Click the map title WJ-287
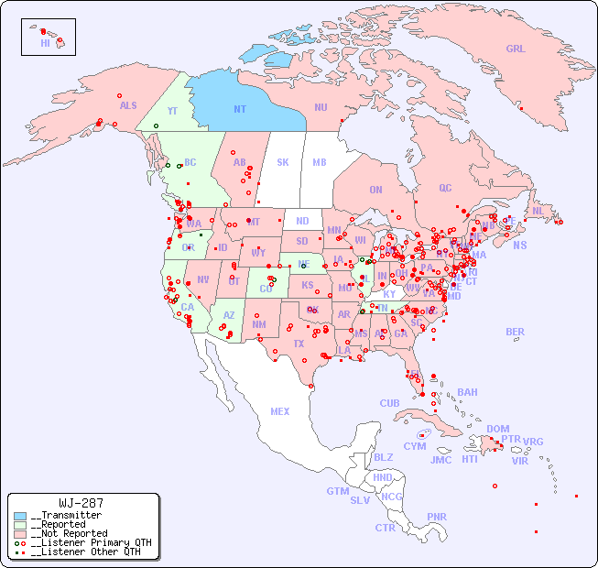81,503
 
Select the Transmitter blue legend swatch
20,516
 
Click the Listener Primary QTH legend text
91,542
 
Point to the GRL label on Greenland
516,49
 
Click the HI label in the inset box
45,43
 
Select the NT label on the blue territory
240,109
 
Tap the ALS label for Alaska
128,106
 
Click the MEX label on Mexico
280,411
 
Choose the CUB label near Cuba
389,403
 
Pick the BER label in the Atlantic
515,332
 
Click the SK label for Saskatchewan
283,163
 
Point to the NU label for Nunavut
321,107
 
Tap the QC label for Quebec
445,188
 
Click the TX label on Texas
299,344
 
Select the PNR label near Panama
437,517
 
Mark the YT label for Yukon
171,111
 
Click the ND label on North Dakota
302,221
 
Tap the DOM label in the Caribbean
497,429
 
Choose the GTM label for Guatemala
338,491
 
